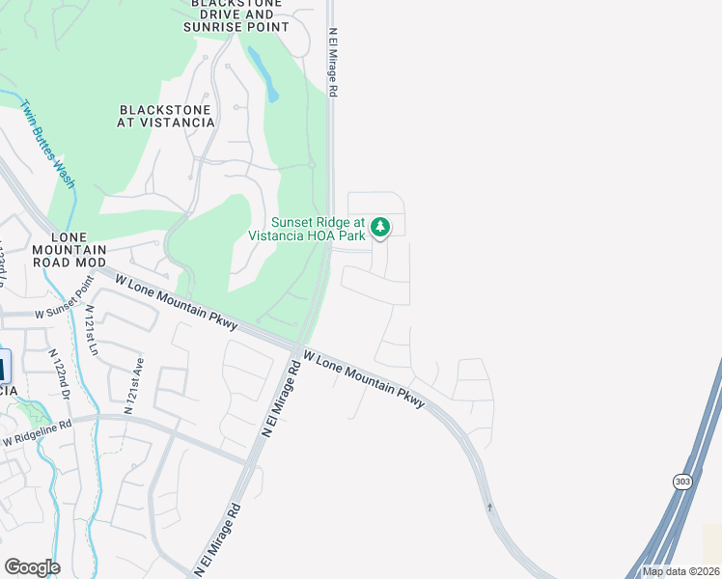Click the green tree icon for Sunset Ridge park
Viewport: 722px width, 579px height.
coord(381,228)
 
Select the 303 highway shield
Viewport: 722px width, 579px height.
coord(680,481)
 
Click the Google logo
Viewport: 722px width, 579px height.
coord(32,567)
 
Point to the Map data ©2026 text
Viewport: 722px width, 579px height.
coord(681,571)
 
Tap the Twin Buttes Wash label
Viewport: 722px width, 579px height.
coord(48,144)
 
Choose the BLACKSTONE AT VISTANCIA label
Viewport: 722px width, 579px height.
coord(165,116)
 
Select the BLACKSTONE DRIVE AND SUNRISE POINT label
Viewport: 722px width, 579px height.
coord(236,15)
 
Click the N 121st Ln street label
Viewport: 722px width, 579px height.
coord(91,329)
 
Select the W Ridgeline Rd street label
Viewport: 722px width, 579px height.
coord(38,432)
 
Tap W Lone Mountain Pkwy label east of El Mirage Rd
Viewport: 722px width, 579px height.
coord(364,378)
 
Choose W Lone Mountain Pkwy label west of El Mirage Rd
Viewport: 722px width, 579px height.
coord(176,302)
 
